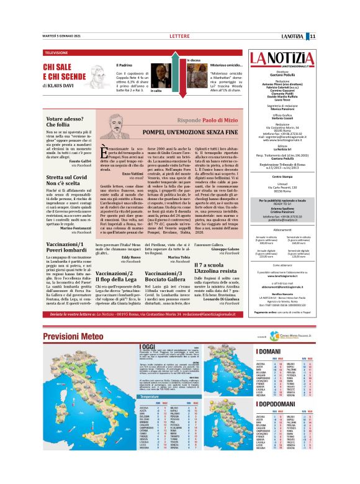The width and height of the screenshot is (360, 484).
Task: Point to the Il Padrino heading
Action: click(125, 65)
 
